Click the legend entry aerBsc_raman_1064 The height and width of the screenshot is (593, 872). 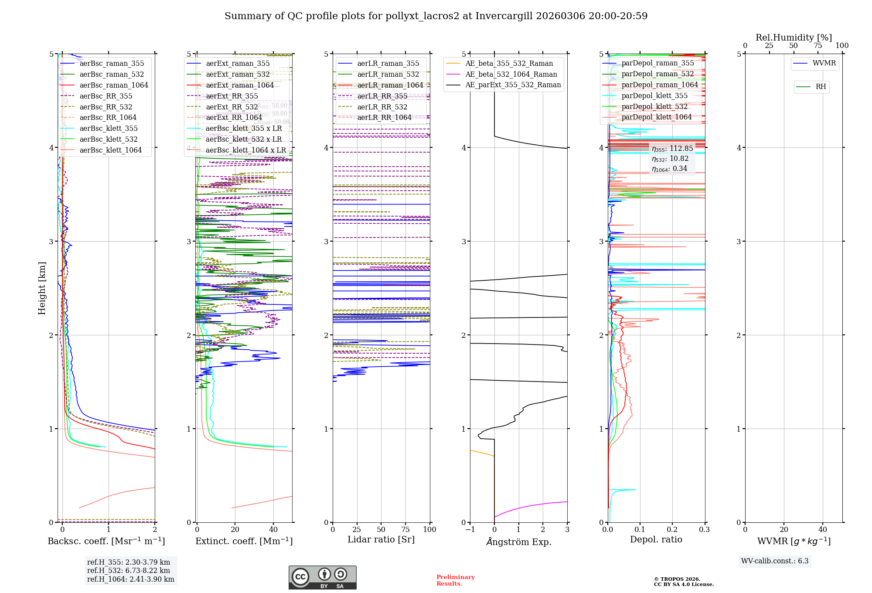pos(113,85)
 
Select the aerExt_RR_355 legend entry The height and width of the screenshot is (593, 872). pos(232,96)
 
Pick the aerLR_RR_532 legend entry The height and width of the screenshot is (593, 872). pos(382,107)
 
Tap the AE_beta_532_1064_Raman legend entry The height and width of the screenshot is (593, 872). pos(511,74)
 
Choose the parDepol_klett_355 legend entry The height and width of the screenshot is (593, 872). pos(654,95)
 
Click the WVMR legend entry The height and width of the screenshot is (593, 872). pos(824,63)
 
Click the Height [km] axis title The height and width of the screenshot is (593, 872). pos(42,288)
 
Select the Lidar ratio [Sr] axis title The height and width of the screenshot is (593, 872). pos(381,539)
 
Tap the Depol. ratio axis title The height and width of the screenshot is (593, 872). pos(656,539)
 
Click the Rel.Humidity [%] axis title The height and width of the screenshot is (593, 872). pos(794,37)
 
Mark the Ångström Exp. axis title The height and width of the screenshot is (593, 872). pos(518,542)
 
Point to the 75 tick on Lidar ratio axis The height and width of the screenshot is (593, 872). pos(405,529)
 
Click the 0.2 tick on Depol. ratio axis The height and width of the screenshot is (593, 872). pos(672,529)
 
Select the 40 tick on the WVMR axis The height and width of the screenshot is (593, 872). pos(822,529)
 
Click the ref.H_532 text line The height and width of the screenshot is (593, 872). pos(128,570)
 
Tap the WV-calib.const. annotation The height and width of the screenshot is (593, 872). pos(774,561)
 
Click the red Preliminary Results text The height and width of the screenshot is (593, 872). pos(455,580)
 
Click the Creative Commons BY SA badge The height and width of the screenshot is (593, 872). pos(322,578)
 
